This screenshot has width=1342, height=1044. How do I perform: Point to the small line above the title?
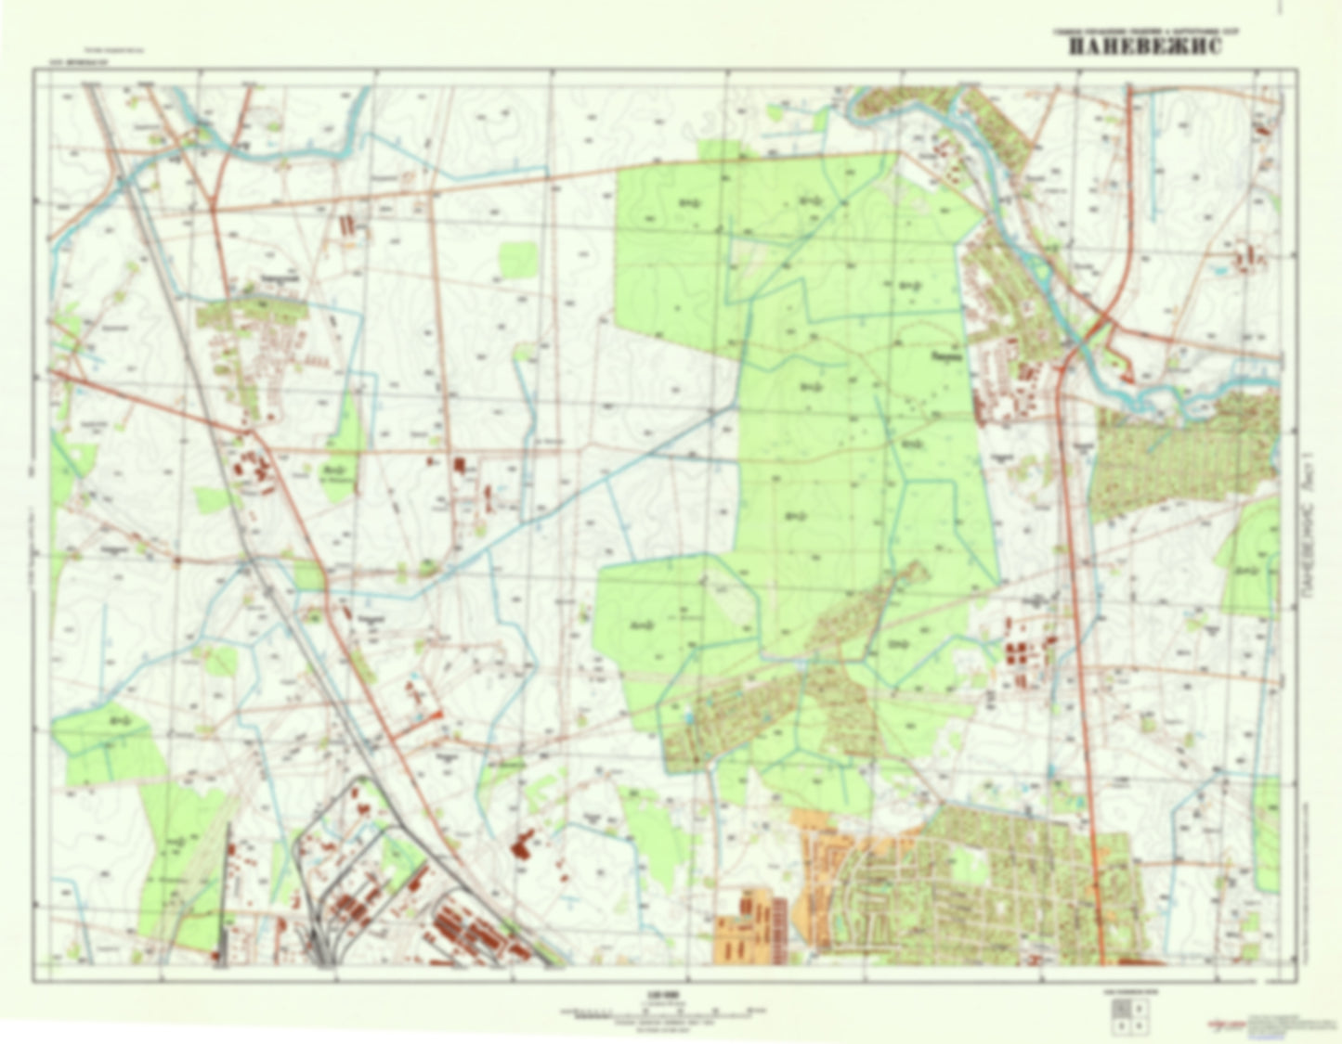click(1144, 31)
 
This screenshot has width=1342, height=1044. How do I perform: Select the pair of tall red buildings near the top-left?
click(349, 225)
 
